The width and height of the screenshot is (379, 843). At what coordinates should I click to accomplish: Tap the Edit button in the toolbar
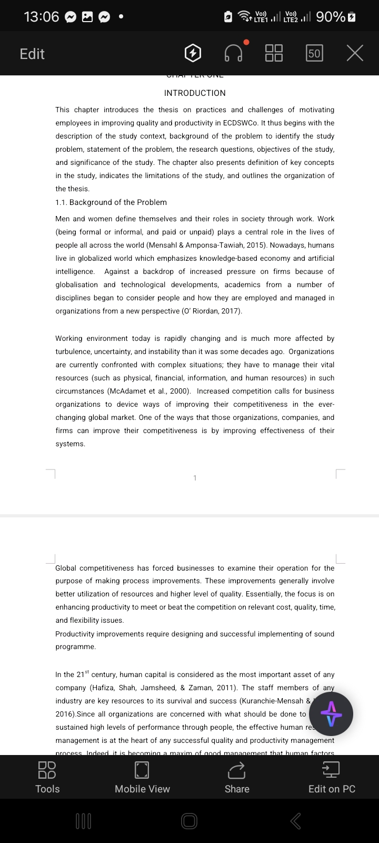tap(32, 54)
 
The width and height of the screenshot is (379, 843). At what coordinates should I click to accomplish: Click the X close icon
tap(355, 53)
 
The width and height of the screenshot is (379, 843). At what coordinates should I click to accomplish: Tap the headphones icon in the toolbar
tap(234, 53)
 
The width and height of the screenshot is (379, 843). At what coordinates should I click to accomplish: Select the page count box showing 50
tap(314, 53)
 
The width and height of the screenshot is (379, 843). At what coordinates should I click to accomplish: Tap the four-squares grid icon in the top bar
tap(274, 53)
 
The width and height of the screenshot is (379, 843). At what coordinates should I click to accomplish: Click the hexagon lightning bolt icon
tap(193, 53)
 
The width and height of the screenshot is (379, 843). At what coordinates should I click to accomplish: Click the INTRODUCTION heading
tap(195, 93)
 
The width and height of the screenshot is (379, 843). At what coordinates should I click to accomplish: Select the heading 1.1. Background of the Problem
tap(111, 202)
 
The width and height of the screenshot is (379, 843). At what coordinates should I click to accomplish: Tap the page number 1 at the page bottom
tap(195, 478)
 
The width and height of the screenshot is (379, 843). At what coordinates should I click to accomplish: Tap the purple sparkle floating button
tap(331, 714)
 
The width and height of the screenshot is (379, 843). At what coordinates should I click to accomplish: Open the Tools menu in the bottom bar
tap(47, 777)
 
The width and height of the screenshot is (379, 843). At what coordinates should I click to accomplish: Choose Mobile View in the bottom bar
tap(142, 777)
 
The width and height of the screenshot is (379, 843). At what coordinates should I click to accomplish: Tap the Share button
tap(237, 777)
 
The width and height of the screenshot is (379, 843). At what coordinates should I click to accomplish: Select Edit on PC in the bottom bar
tap(332, 777)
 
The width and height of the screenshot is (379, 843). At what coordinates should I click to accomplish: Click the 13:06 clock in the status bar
tap(41, 17)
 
